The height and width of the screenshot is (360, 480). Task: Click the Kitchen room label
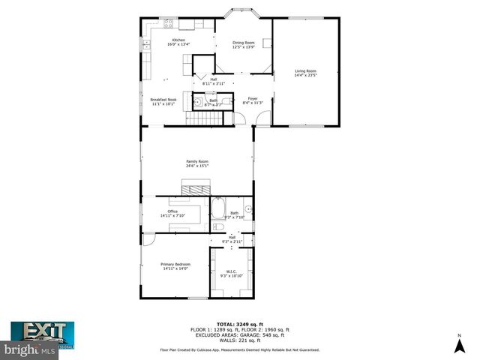pyautogui.click(x=178, y=42)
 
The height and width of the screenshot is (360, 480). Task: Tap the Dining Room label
pyautogui.click(x=243, y=45)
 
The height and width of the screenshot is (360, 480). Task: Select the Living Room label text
pyautogui.click(x=305, y=73)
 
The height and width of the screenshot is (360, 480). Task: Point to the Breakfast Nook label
pyautogui.click(x=163, y=102)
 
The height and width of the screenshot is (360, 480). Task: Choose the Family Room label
pyautogui.click(x=197, y=163)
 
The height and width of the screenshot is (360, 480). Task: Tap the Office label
pyautogui.click(x=172, y=214)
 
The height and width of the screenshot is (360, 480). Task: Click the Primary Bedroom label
pyautogui.click(x=175, y=265)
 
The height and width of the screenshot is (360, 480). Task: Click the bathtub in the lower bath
pyautogui.click(x=219, y=208)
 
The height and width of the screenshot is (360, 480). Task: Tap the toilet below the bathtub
pyautogui.click(x=218, y=226)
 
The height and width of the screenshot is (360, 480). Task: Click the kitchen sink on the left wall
pyautogui.click(x=146, y=46)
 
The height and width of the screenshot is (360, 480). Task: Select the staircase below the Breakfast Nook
pyautogui.click(x=200, y=119)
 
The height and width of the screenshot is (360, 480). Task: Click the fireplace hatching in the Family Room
pyautogui.click(x=197, y=186)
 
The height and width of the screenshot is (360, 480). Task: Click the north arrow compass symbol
pyautogui.click(x=458, y=344)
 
